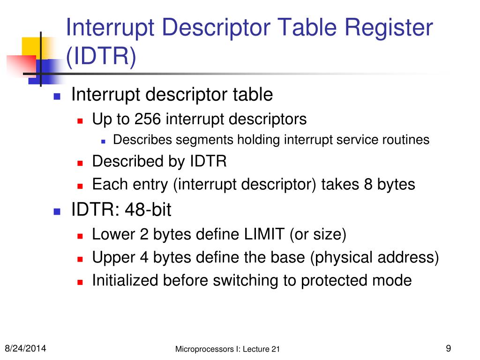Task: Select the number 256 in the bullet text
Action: pos(148,119)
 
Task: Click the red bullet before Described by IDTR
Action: pos(80,163)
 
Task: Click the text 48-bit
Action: pos(148,210)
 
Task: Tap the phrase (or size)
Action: pos(318,234)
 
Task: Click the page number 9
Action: pos(448,348)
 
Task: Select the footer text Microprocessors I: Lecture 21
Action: pos(227,349)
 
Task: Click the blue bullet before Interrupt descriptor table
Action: pos(57,96)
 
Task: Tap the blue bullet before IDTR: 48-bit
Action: pos(57,211)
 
